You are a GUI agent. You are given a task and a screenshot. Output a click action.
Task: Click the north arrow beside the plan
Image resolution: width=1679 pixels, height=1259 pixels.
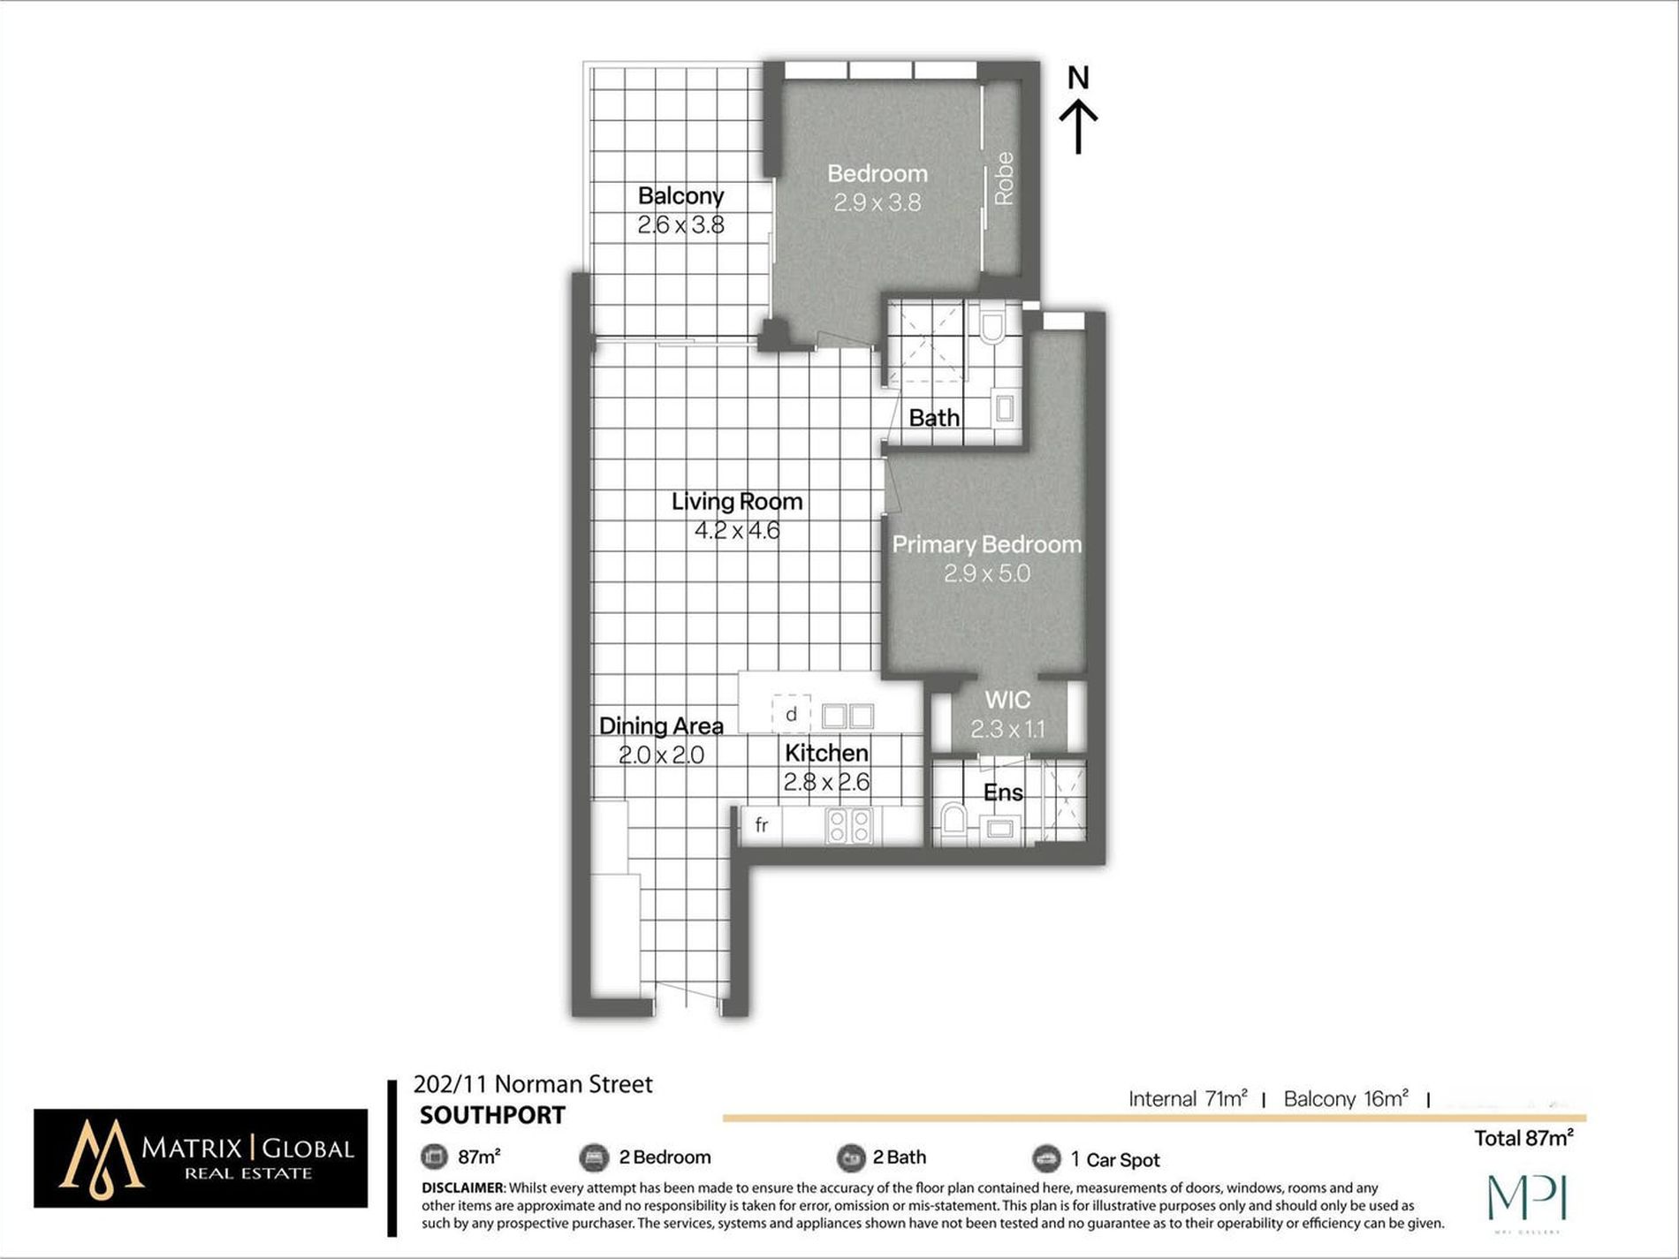pyautogui.click(x=1078, y=126)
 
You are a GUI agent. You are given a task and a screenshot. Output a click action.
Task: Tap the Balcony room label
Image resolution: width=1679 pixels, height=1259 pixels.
pyautogui.click(x=680, y=195)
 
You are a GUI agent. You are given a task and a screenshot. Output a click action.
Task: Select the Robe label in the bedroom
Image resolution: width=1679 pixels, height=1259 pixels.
pyautogui.click(x=1004, y=178)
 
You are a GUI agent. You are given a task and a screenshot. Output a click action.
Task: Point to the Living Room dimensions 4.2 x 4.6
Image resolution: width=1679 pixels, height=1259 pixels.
pyautogui.click(x=737, y=531)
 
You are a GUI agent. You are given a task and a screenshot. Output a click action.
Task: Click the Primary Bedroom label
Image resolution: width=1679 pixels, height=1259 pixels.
pyautogui.click(x=987, y=544)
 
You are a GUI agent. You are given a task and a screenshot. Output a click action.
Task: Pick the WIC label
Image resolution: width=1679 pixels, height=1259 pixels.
pyautogui.click(x=1007, y=700)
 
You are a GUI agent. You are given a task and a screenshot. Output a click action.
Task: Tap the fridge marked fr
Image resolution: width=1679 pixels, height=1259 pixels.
pyautogui.click(x=762, y=825)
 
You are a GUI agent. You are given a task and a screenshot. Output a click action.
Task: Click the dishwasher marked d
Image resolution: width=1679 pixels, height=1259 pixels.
pyautogui.click(x=791, y=714)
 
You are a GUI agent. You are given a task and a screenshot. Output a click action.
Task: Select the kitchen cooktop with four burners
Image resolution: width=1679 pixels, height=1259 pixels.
pyautogui.click(x=849, y=825)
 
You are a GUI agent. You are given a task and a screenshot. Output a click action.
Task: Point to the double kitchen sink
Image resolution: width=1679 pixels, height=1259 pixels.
pyautogui.click(x=847, y=715)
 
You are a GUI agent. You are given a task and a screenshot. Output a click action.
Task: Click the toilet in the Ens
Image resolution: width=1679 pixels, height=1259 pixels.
pyautogui.click(x=952, y=820)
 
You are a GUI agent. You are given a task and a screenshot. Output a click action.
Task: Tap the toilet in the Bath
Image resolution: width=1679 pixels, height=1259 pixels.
pyautogui.click(x=992, y=325)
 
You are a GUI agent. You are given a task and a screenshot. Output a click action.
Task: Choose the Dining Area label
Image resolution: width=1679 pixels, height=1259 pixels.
pyautogui.click(x=661, y=726)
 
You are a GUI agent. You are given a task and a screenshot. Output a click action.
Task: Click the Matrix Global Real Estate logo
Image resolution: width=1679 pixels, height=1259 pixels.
pyautogui.click(x=201, y=1158)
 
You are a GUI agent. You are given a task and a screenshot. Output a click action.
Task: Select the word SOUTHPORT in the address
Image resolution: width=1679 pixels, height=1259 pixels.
pyautogui.click(x=492, y=1115)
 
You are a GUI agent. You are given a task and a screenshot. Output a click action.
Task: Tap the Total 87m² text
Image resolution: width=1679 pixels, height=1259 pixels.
pyautogui.click(x=1523, y=1138)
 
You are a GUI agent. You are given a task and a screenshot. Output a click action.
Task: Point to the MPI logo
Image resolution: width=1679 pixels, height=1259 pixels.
pyautogui.click(x=1526, y=1199)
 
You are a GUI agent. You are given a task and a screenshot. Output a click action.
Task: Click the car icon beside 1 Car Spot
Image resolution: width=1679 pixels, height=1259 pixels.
pyautogui.click(x=1046, y=1157)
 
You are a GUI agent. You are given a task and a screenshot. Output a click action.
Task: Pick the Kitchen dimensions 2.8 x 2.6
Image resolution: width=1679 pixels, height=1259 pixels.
pyautogui.click(x=826, y=782)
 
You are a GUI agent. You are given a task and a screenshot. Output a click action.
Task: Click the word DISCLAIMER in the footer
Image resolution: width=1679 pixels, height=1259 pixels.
pyautogui.click(x=462, y=1188)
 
